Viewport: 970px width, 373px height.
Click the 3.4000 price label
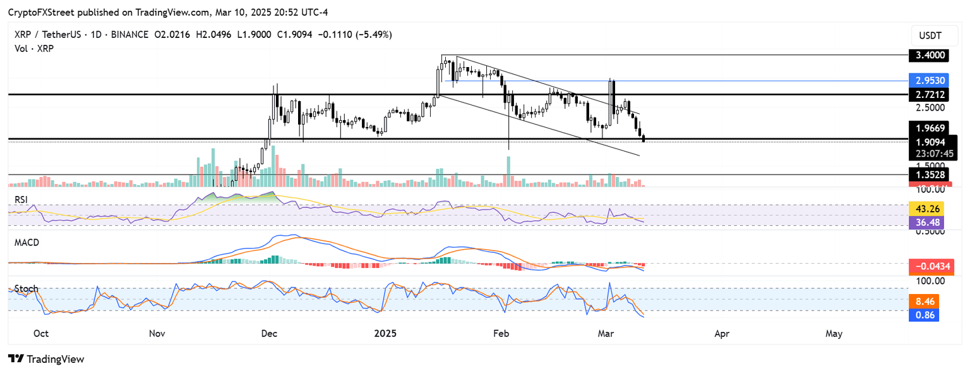[931, 55]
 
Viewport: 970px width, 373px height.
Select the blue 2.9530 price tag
[931, 81]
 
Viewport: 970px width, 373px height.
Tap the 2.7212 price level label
[931, 94]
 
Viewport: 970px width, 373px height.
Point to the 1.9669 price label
[931, 128]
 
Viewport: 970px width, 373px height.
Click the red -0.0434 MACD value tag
[930, 268]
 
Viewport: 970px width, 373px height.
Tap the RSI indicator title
[23, 200]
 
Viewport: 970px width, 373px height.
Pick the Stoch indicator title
[27, 289]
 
